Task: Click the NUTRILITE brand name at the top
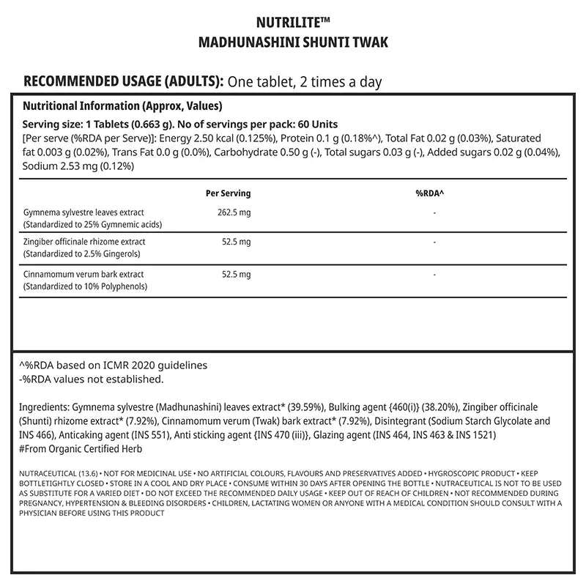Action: coord(293,22)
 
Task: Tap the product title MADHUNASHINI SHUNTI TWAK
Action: coord(293,42)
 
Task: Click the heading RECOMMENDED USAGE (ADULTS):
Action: coord(124,81)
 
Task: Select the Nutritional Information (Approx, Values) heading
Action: coord(122,105)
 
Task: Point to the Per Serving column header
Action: coord(229,193)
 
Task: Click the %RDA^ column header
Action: coord(430,193)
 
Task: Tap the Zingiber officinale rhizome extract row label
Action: coord(84,242)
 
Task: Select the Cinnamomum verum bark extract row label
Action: coord(84,275)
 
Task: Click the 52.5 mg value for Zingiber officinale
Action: coord(237,242)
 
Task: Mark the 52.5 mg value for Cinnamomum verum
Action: coord(237,275)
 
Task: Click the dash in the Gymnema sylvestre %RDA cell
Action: coord(434,213)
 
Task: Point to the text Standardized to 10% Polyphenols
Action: coord(86,286)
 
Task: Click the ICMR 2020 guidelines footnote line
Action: coord(113,365)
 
